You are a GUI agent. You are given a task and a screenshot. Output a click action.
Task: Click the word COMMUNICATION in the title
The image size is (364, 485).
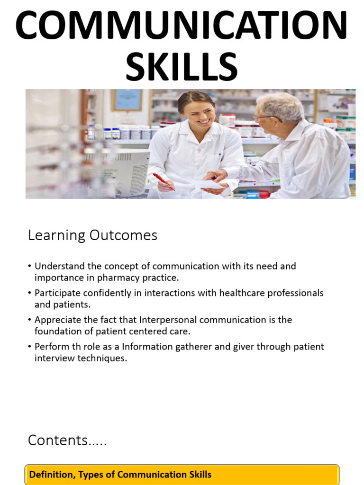tap(182, 27)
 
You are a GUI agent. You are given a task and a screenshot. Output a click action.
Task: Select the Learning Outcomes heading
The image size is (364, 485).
tap(92, 235)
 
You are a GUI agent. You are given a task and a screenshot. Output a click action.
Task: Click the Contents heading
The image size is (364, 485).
tap(67, 440)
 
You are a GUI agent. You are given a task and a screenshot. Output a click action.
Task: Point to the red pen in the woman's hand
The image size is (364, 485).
tap(163, 181)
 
